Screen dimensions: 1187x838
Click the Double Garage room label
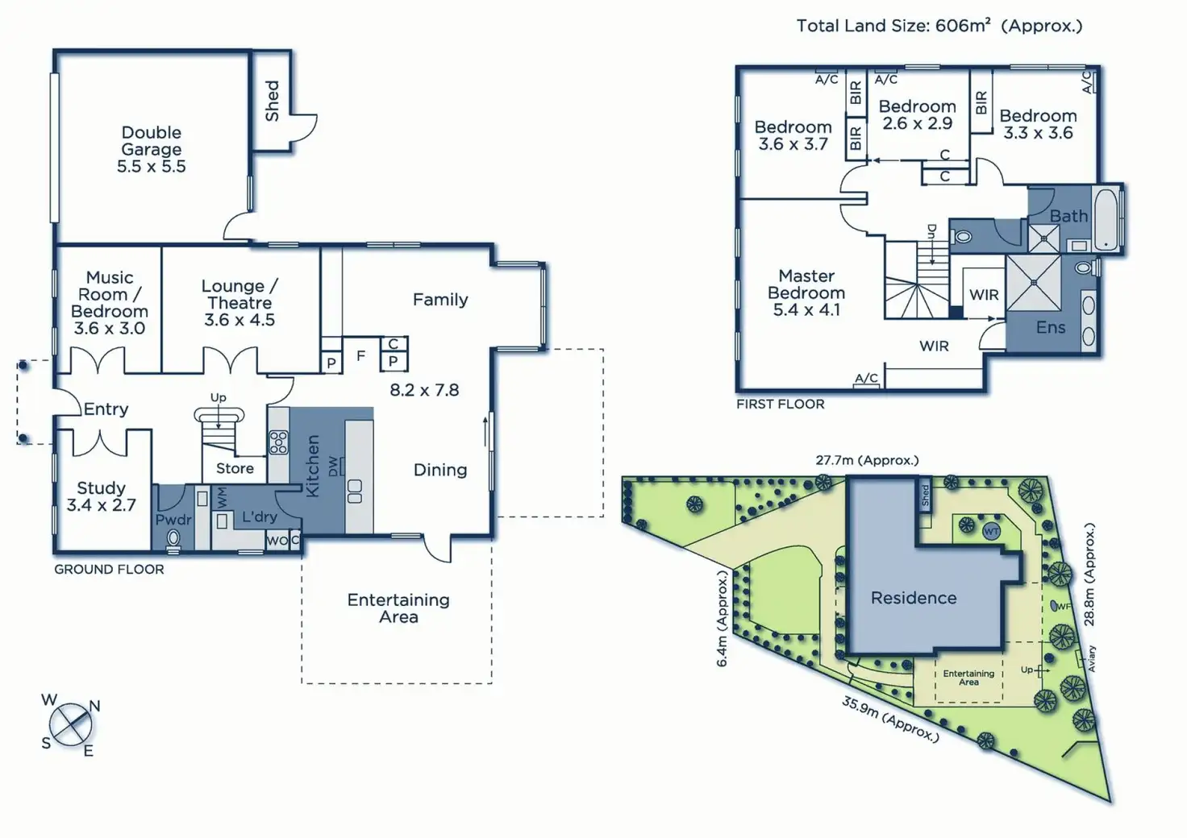152,149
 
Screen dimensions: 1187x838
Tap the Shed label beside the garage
272,101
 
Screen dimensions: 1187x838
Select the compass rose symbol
71,724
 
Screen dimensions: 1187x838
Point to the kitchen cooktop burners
278,443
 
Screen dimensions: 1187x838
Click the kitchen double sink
354,492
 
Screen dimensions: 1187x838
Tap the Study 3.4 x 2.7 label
101,496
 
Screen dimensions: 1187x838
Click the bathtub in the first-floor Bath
1106,218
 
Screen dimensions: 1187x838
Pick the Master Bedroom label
806,292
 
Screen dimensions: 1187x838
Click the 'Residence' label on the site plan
914,598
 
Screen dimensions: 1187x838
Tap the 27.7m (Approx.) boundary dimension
867,461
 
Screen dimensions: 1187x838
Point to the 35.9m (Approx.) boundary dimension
890,719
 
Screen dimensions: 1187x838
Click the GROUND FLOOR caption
109,569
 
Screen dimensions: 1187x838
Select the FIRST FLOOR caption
780,404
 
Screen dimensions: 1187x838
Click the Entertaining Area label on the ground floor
398,608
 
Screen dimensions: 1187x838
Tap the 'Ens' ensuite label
1051,327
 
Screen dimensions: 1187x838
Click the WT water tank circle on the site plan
991,532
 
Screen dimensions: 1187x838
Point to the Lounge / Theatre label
239,303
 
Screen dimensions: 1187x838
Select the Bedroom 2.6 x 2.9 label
917,114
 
